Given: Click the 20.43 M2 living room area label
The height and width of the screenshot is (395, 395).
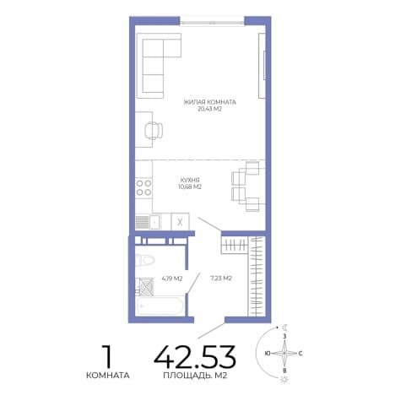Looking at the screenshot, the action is (209, 109).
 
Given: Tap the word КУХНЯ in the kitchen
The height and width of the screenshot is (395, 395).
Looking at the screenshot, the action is (190, 180).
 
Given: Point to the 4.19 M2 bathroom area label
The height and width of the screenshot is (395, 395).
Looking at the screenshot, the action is (172, 279).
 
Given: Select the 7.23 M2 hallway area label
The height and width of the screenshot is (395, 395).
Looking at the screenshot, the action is (221, 279).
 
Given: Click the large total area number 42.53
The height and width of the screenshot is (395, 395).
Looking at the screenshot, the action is (195, 357).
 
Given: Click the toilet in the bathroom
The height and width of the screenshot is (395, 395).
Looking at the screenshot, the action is (144, 260).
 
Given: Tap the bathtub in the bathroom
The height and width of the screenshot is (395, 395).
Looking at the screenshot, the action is (160, 306).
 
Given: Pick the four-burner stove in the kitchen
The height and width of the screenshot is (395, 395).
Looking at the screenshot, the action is (143, 187).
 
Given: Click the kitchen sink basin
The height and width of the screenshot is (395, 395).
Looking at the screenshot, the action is (155, 222).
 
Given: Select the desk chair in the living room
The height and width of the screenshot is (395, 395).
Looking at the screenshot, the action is (154, 130).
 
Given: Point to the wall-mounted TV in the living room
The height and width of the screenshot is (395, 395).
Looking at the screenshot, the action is (264, 66).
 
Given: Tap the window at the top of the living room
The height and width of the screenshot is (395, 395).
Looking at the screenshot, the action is (212, 22).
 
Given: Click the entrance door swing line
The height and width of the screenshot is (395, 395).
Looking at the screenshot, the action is (211, 331).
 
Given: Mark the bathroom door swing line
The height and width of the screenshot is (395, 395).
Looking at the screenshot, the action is (193, 283).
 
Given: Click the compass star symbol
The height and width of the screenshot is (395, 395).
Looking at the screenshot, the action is (284, 353).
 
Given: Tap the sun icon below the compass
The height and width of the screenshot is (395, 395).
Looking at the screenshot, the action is (284, 379).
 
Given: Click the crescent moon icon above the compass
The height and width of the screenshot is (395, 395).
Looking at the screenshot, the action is (285, 327).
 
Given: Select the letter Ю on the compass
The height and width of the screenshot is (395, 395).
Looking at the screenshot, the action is (268, 353).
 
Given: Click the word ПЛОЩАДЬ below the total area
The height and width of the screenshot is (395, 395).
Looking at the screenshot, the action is (187, 376).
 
